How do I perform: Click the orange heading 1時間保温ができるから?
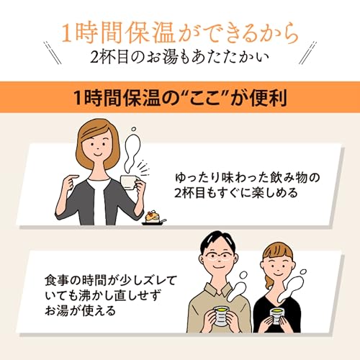pyautogui.click(x=180, y=34)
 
